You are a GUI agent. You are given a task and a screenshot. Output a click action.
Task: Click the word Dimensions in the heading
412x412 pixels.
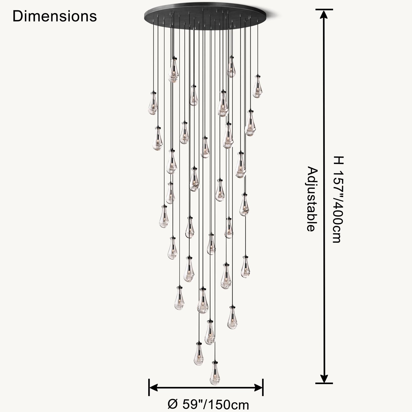(x=54, y=16)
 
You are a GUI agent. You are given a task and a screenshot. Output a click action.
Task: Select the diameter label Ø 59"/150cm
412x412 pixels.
(x=208, y=404)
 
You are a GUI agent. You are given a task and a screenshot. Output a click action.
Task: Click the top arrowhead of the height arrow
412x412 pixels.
(x=324, y=14)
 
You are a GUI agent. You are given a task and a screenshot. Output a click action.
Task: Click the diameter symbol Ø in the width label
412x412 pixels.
(x=173, y=404)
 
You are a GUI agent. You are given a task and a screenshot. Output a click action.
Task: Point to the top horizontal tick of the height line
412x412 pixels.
(x=324, y=9)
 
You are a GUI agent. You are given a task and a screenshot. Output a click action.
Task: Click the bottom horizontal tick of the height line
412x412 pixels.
(x=324, y=383)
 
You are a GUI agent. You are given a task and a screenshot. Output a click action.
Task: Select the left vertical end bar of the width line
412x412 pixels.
(x=149, y=387)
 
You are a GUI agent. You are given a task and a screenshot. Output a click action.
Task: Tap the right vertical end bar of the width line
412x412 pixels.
(x=263, y=387)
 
